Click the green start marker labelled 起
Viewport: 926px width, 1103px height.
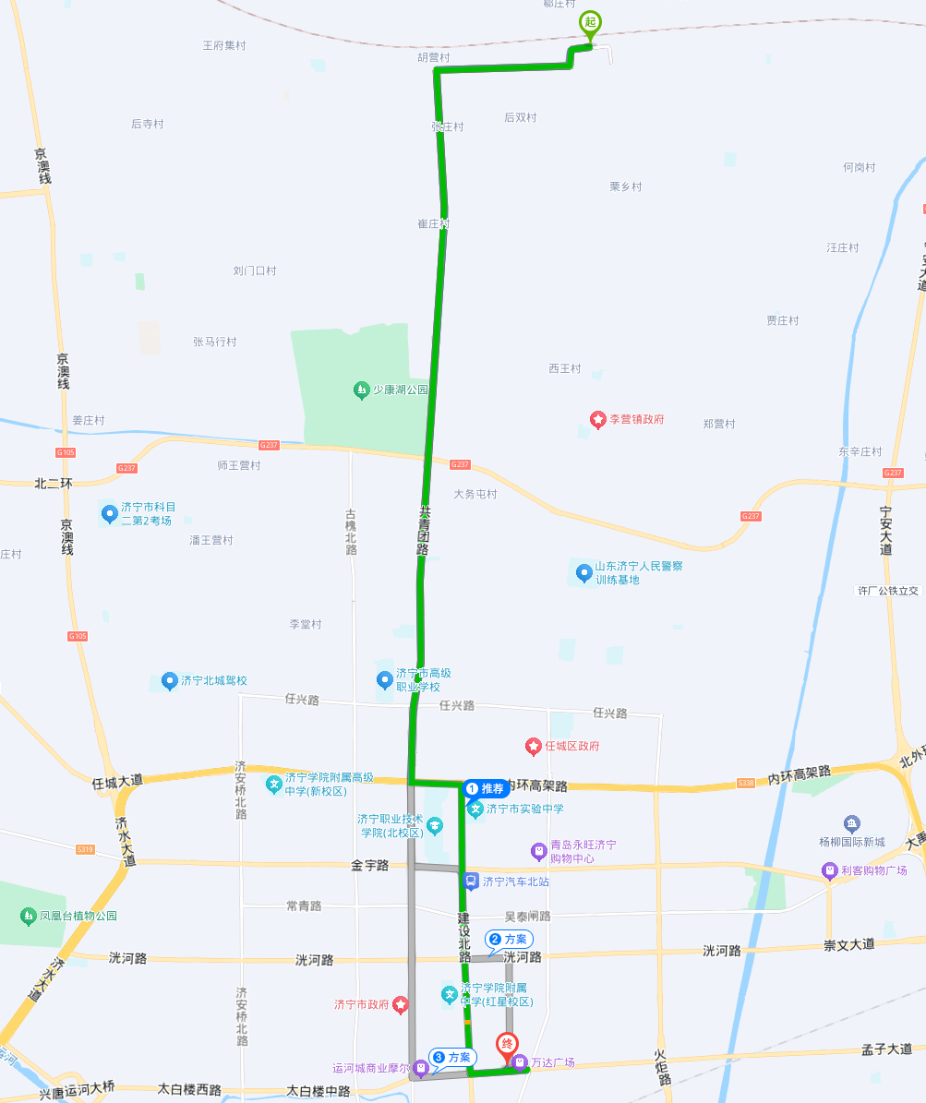589,23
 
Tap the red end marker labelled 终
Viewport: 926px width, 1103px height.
507,1045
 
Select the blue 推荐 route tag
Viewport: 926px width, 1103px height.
487,788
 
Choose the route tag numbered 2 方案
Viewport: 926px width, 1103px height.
509,939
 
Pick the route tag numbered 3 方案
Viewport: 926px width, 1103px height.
453,1057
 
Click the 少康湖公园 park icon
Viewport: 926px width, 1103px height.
361,390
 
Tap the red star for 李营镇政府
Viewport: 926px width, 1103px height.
598,420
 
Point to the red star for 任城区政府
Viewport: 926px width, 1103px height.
533,745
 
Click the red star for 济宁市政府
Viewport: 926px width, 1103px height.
400,1003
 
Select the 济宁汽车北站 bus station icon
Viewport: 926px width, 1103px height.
471,881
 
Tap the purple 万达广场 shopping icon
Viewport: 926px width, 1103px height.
520,1062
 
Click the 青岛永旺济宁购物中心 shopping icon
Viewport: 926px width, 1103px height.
538,851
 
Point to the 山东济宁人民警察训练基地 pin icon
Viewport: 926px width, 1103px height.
583,573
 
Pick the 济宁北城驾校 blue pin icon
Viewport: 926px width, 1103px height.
169,681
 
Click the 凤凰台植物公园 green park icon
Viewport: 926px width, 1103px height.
27,917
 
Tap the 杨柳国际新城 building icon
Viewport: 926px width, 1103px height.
852,823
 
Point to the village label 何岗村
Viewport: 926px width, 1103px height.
859,167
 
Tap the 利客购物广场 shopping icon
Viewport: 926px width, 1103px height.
830,870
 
